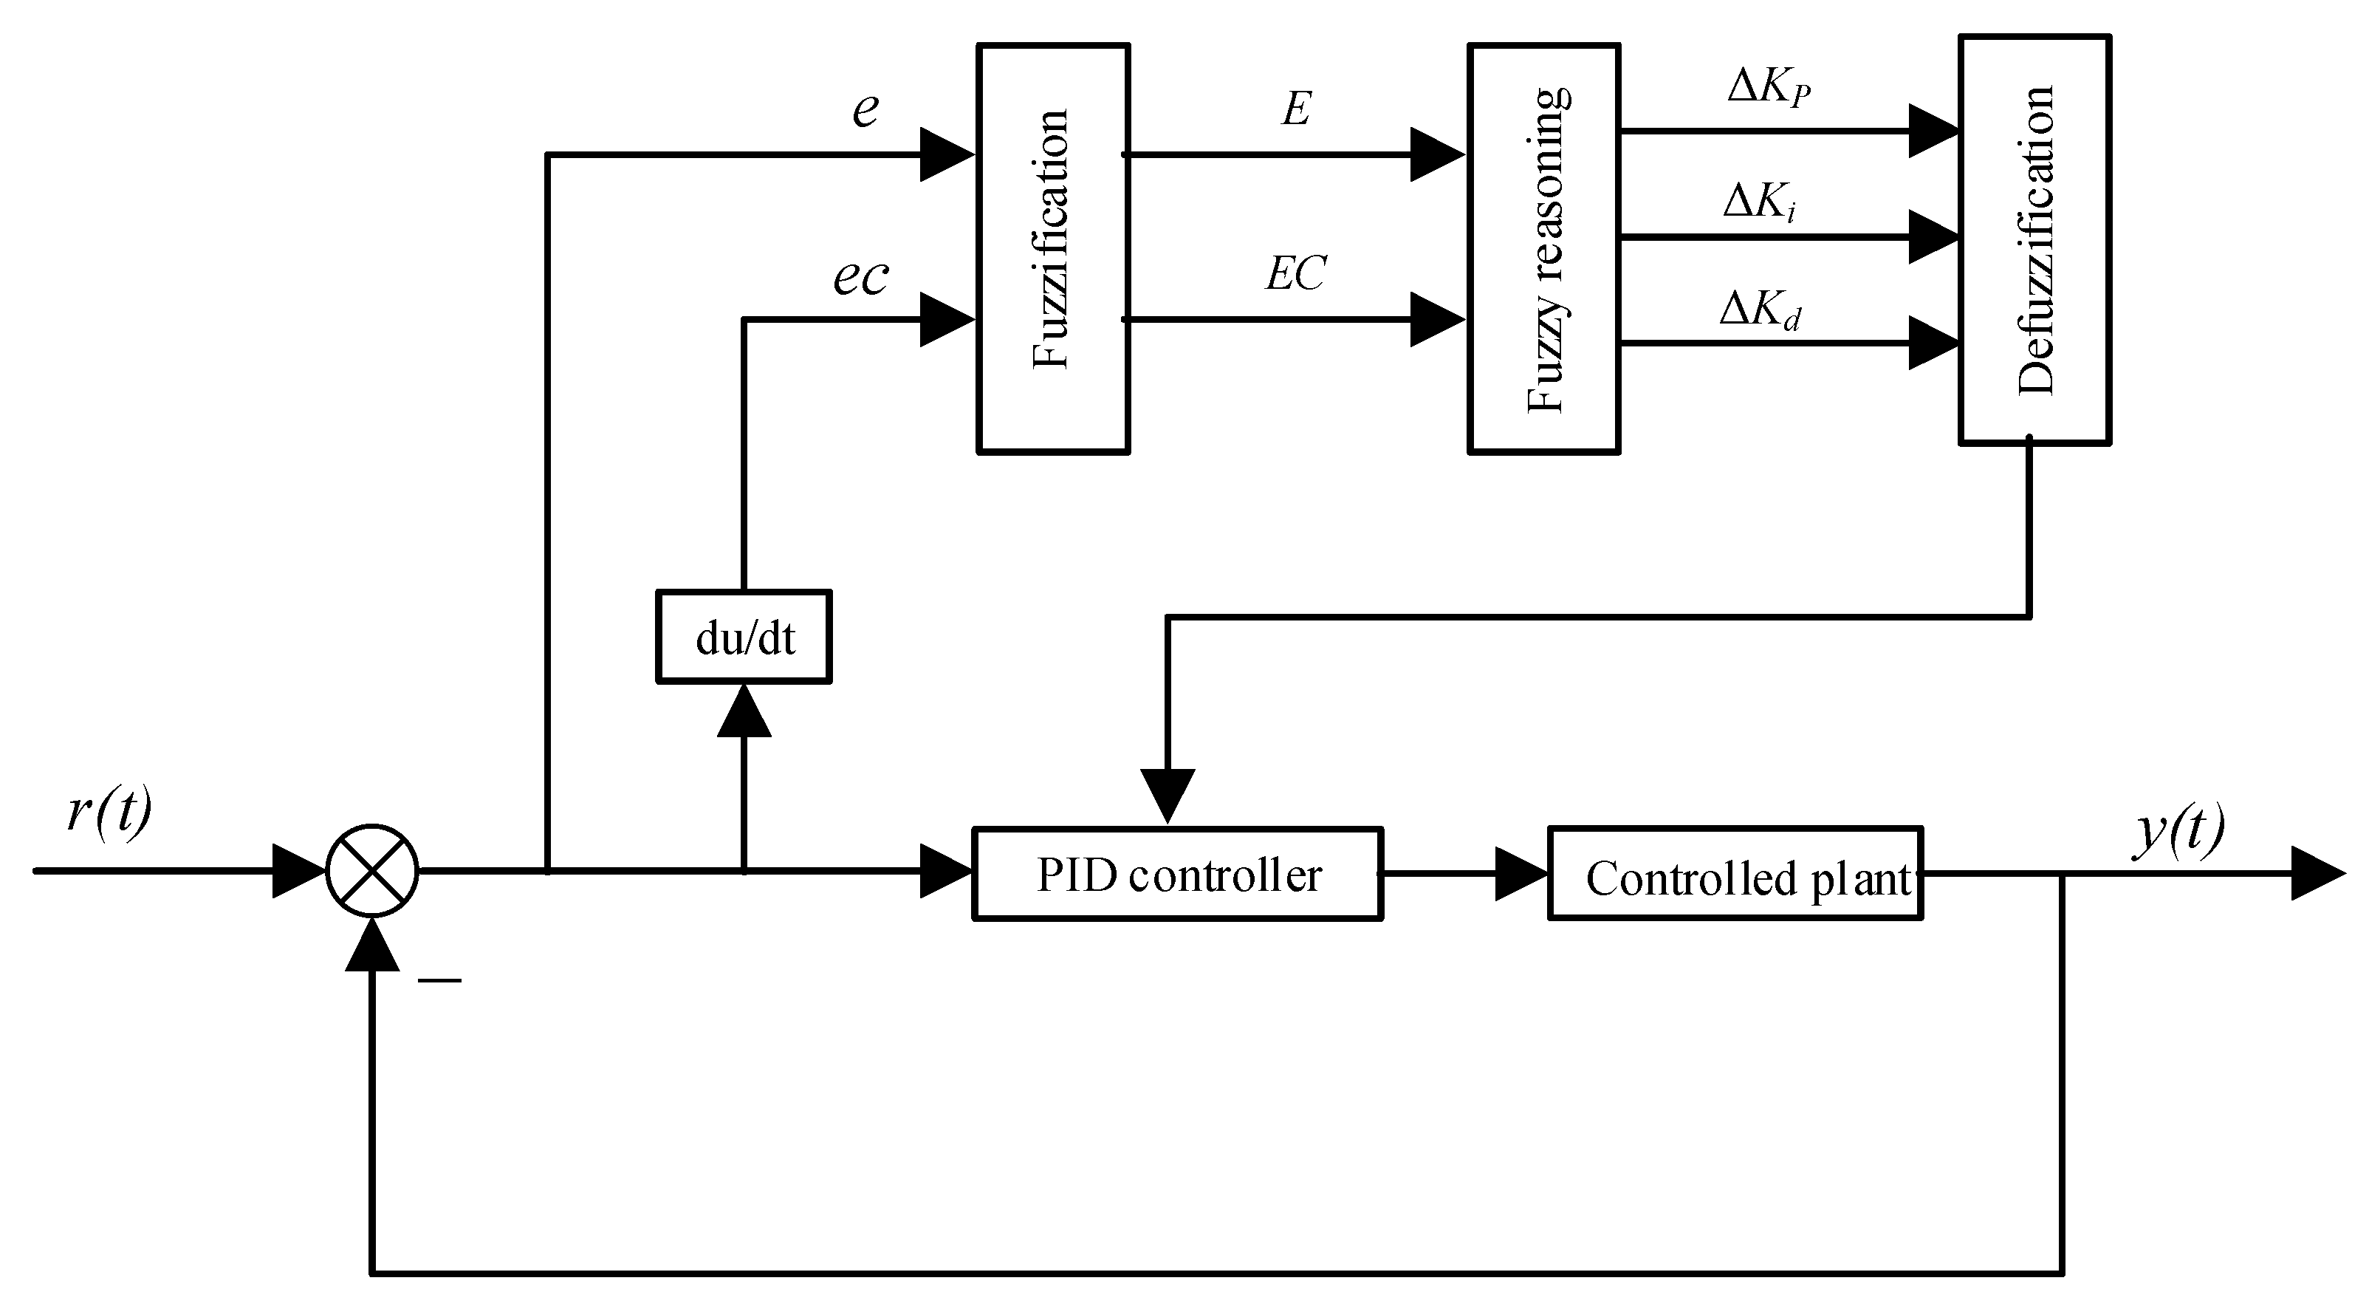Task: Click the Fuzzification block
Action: coord(1052,248)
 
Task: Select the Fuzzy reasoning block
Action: coord(1543,248)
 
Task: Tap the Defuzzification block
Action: coord(2034,239)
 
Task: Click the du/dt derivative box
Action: coord(744,637)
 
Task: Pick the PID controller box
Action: coord(1177,874)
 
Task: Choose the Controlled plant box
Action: coord(1735,874)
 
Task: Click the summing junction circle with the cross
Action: coord(372,870)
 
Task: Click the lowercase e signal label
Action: coord(865,109)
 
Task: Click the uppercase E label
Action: coord(1296,109)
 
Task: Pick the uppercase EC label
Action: coord(1296,273)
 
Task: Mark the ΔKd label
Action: coord(1759,310)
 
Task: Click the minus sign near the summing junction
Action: coord(439,980)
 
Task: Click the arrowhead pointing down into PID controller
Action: coord(1168,795)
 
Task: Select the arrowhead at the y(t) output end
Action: coord(2317,874)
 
